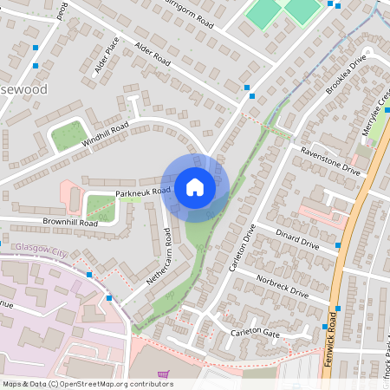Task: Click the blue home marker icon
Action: [195, 186]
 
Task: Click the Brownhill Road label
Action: [70, 223]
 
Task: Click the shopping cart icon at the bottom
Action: [163, 376]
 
